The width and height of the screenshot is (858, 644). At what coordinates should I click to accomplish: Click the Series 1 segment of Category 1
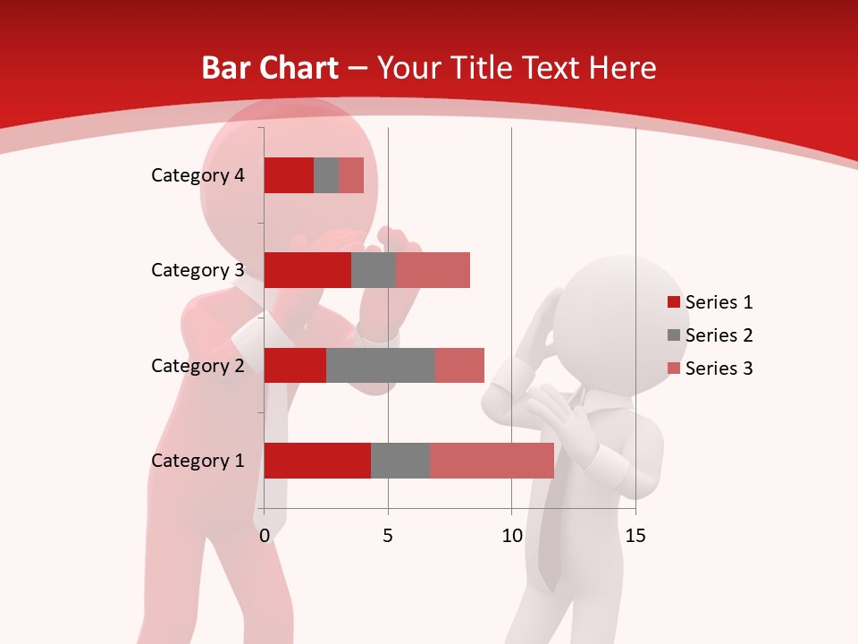click(x=317, y=461)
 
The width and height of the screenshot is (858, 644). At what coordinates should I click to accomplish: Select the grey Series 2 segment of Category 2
click(x=381, y=365)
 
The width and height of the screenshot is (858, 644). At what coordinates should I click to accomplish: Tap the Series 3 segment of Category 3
click(x=433, y=270)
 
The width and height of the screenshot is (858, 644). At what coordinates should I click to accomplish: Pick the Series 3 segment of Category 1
click(x=492, y=461)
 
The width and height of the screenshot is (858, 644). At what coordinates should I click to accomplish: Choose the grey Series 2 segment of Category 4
click(x=326, y=175)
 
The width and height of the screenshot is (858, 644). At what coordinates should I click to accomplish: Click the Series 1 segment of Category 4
click(x=289, y=175)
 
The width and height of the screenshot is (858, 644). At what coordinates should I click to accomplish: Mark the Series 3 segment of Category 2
click(x=459, y=365)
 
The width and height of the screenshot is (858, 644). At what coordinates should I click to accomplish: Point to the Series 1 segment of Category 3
click(x=307, y=270)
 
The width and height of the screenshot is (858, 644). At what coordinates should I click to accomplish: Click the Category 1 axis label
click(x=198, y=461)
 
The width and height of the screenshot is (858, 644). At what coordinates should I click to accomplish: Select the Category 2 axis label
click(x=198, y=365)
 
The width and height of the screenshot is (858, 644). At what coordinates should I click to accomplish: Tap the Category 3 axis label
click(x=198, y=270)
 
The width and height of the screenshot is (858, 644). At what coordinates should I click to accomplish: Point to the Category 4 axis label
click(x=198, y=175)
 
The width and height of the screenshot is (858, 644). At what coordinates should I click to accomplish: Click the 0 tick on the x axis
click(x=265, y=536)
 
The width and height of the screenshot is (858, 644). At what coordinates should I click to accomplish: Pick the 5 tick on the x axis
click(x=388, y=536)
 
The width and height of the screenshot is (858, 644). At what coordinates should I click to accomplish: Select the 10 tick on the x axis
click(x=511, y=536)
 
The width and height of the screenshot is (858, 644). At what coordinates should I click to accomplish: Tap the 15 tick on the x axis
click(x=635, y=536)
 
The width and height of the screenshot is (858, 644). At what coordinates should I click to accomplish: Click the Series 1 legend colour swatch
click(x=674, y=302)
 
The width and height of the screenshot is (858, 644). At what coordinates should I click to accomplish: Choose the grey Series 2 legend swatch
click(x=674, y=335)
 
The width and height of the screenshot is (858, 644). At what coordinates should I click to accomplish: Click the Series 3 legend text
click(x=719, y=369)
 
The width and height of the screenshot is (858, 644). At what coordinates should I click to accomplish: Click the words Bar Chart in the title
click(x=269, y=68)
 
